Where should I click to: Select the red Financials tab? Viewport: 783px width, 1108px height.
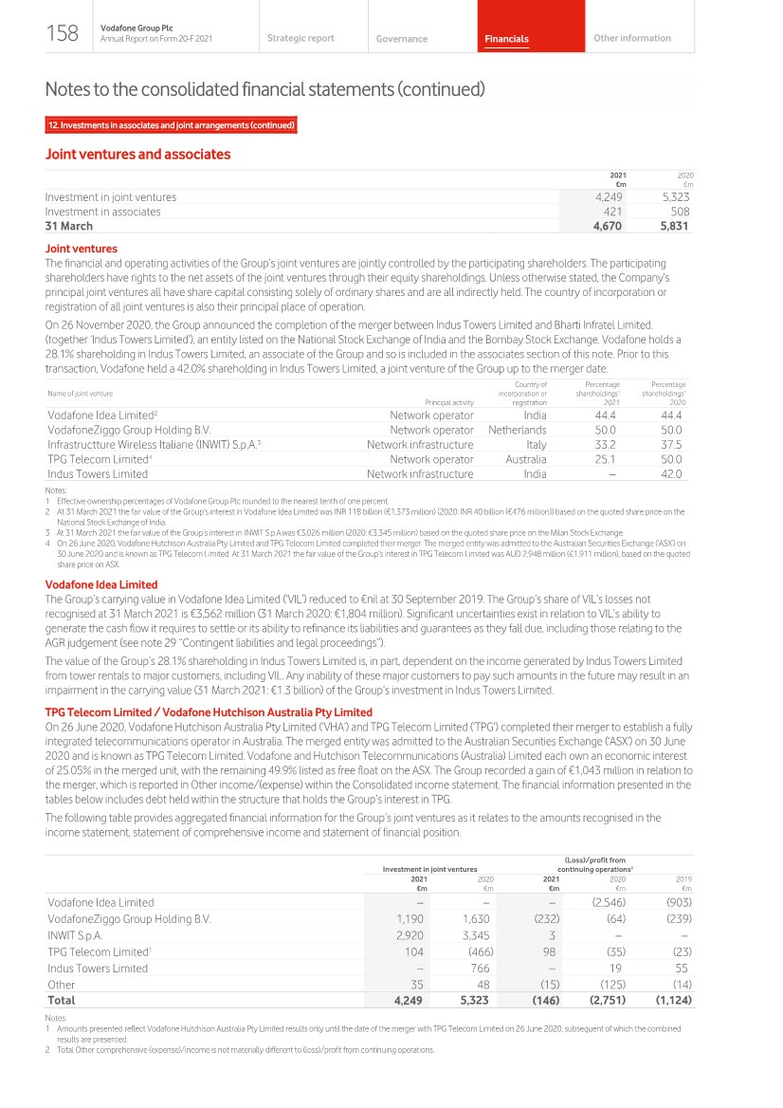point(506,39)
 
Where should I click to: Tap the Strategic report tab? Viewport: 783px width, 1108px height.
point(300,38)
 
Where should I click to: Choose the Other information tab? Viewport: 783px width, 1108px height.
point(631,38)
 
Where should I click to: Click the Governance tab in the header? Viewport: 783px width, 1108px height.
point(401,39)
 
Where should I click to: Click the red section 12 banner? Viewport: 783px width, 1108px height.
point(172,125)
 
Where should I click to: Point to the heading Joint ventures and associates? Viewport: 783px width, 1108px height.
point(137,154)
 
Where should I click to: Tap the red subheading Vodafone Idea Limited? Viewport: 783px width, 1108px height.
point(101,584)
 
